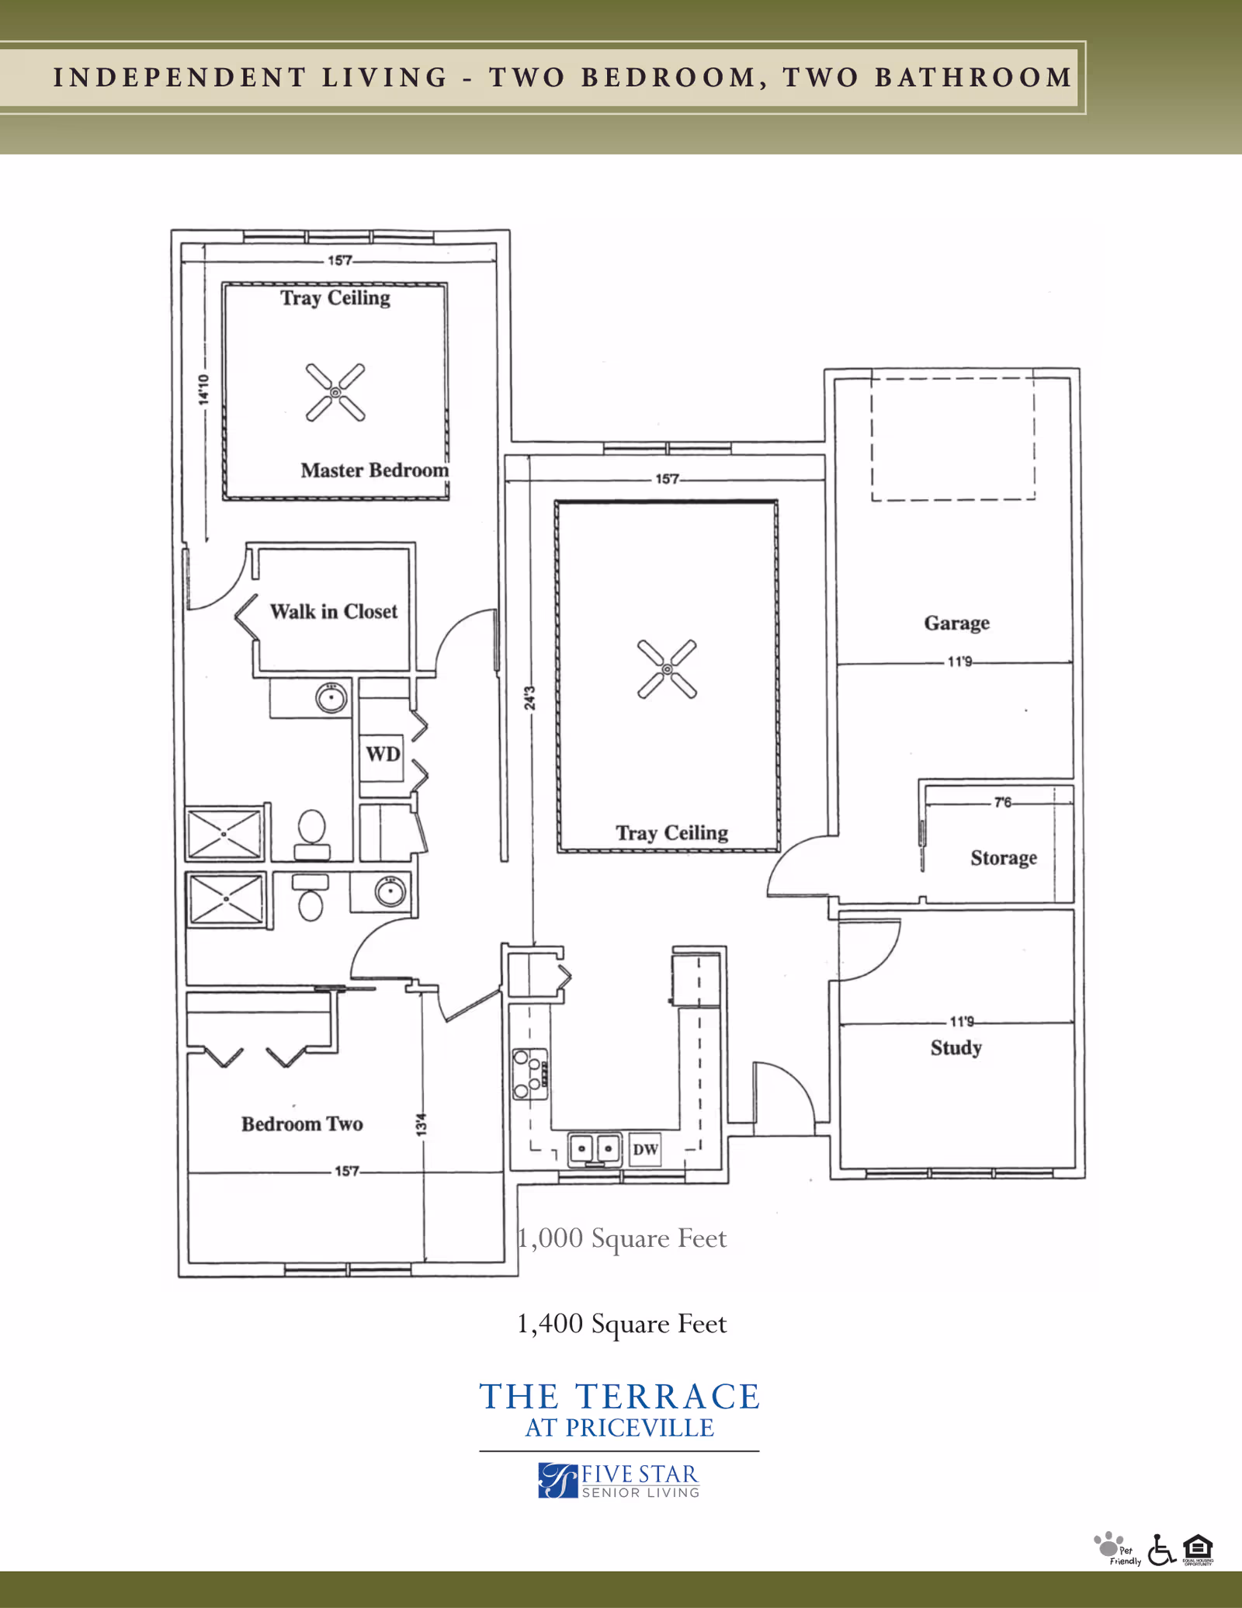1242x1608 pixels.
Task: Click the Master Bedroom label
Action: coord(374,470)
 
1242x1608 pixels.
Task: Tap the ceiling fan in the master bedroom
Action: coord(335,393)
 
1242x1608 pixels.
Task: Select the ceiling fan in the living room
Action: coord(667,669)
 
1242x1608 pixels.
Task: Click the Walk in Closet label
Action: coord(333,611)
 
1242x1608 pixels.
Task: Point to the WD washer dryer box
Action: coord(383,754)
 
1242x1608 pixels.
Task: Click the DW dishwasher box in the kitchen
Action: coord(645,1149)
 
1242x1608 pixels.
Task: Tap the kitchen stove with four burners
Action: coord(530,1074)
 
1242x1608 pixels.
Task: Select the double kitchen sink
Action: coord(595,1149)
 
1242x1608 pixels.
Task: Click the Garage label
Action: coord(956,623)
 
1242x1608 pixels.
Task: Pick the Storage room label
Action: coord(1003,857)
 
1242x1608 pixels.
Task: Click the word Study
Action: coord(956,1047)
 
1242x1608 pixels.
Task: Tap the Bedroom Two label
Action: coord(302,1124)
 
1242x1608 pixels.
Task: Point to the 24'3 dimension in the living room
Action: coord(529,698)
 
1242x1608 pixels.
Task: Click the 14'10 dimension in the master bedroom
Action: coord(203,389)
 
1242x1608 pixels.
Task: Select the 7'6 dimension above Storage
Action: coord(1002,802)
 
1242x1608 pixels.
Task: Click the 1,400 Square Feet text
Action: coord(621,1323)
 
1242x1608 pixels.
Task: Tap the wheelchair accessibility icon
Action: coord(1160,1550)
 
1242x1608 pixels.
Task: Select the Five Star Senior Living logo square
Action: coord(558,1480)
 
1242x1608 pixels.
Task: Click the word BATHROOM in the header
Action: coord(973,78)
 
